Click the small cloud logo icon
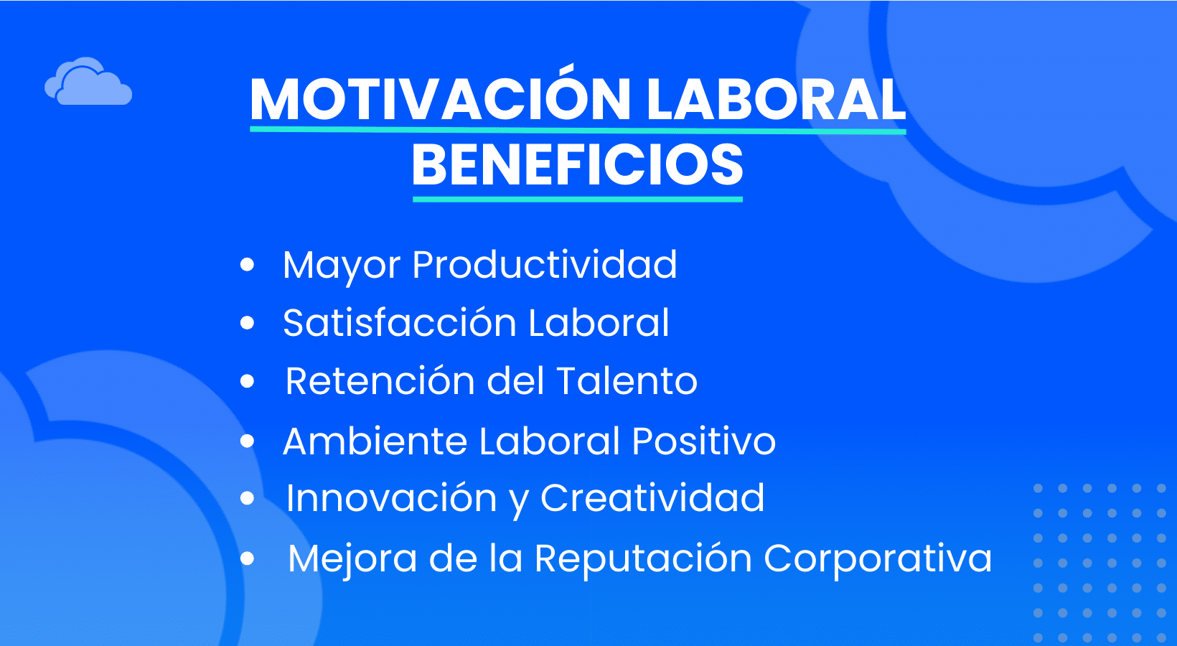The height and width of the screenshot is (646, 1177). click(x=88, y=83)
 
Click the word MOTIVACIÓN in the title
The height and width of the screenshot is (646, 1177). click(x=439, y=99)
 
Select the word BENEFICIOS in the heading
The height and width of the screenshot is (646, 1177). click(x=577, y=165)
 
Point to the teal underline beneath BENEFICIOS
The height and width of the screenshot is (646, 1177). click(x=577, y=199)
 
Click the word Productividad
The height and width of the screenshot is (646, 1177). click(x=544, y=265)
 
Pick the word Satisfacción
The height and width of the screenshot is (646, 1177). click(x=399, y=323)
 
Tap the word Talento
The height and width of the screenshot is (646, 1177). click(x=627, y=381)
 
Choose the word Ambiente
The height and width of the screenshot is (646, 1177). click(x=373, y=441)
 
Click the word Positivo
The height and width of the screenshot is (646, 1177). click(x=703, y=441)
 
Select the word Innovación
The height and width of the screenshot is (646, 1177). click(x=391, y=498)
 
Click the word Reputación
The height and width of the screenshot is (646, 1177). click(x=642, y=558)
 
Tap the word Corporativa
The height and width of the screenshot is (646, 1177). click(x=877, y=558)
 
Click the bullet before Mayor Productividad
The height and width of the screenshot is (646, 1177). click(x=248, y=265)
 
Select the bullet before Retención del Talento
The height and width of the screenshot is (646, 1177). click(x=248, y=381)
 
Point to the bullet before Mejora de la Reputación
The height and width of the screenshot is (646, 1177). click(x=248, y=558)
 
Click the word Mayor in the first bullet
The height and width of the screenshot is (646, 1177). click(x=341, y=265)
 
